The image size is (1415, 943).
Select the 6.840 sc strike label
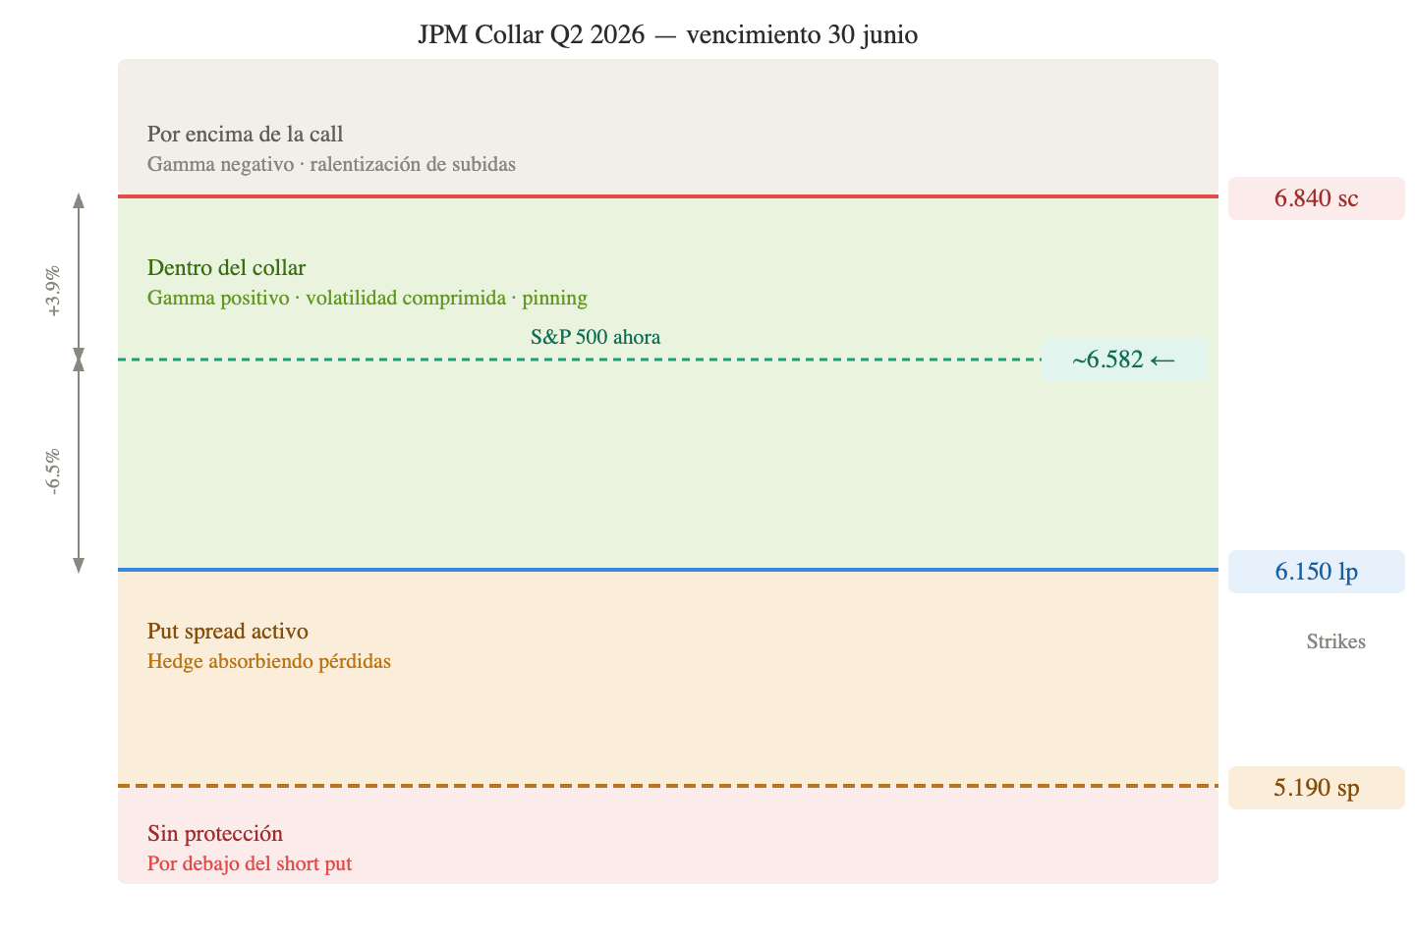[x=1316, y=198]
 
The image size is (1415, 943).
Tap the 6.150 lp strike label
[x=1316, y=572]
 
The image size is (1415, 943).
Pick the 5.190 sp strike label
[x=1316, y=788]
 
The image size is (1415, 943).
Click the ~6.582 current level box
[x=1124, y=360]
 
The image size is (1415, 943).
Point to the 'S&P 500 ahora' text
[x=595, y=337]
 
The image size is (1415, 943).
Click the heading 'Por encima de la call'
[x=245, y=135]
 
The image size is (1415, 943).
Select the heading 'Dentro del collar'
[x=226, y=268]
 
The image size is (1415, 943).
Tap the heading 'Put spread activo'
[x=228, y=632]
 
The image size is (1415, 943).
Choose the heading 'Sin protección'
[x=215, y=834]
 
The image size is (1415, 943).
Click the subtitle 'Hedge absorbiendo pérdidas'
[x=269, y=661]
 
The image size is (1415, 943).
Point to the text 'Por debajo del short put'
[x=250, y=863]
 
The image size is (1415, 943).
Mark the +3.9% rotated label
[x=53, y=291]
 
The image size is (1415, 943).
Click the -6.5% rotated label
[x=53, y=471]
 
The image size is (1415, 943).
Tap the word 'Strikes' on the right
[x=1335, y=641]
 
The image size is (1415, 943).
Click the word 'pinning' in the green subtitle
[x=554, y=298]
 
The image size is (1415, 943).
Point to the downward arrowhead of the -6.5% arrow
[x=79, y=565]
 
